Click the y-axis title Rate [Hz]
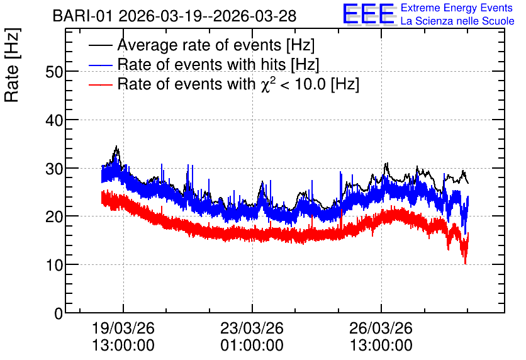pyautogui.click(x=12, y=65)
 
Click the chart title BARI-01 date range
pyautogui.click(x=174, y=16)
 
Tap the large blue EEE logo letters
pyautogui.click(x=368, y=14)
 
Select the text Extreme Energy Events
pyautogui.click(x=457, y=8)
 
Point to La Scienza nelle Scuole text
pyautogui.click(x=457, y=21)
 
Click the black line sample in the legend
pyautogui.click(x=100, y=45)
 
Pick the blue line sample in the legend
pyautogui.click(x=100, y=65)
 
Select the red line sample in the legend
pyautogui.click(x=100, y=84)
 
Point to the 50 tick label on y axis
pyautogui.click(x=54, y=72)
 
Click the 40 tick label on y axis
pyautogui.click(x=54, y=120)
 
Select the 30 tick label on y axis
pyautogui.click(x=54, y=169)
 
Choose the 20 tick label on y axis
pyautogui.click(x=54, y=217)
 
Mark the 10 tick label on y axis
pyautogui.click(x=54, y=266)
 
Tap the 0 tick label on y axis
pyautogui.click(x=59, y=313)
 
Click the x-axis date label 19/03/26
pyautogui.click(x=123, y=328)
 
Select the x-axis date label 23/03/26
pyautogui.click(x=252, y=328)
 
